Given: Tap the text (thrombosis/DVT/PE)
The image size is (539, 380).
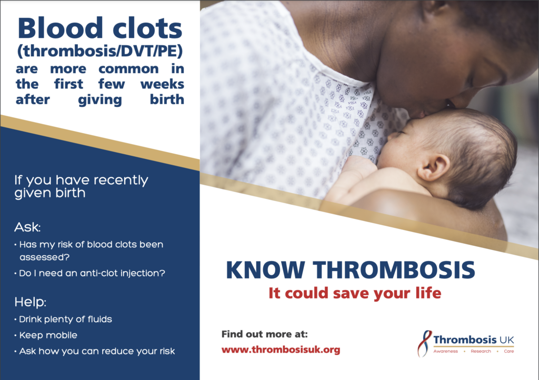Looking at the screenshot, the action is pos(100,51).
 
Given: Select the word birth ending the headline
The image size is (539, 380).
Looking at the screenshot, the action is pos(167,99).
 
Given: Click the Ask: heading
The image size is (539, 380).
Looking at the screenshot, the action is pos(27,227).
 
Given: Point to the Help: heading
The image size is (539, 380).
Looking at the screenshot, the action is pos(30,302).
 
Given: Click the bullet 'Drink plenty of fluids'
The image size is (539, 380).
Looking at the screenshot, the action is pos(64,319).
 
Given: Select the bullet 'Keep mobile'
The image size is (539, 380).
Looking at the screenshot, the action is pos(46,335).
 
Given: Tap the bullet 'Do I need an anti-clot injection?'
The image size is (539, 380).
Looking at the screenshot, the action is pos(89,273).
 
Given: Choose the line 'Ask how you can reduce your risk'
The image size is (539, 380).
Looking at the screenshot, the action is pos(95,351).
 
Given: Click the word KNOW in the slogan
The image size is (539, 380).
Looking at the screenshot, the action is pos(265,269).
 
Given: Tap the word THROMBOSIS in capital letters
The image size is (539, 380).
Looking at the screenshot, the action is pos(394,269).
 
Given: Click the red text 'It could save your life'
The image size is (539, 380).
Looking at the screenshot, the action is pos(355,293).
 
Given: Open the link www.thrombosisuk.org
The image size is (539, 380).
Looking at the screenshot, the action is pos(281,350).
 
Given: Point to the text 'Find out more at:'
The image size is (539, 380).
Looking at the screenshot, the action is pos(265,334).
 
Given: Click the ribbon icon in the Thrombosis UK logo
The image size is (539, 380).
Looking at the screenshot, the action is pos(425,344).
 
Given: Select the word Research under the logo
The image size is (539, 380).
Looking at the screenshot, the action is pos(481,351).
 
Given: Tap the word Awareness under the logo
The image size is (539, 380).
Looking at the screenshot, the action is pos(445,351).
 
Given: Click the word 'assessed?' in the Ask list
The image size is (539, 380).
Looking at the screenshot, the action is pos(44,257).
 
